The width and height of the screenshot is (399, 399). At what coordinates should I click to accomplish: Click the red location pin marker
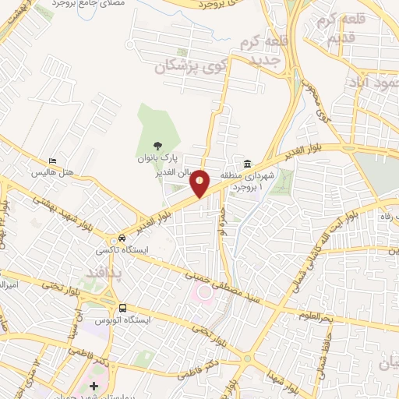pos(200,182)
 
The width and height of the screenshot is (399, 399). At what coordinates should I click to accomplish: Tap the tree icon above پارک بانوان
pos(157,145)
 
